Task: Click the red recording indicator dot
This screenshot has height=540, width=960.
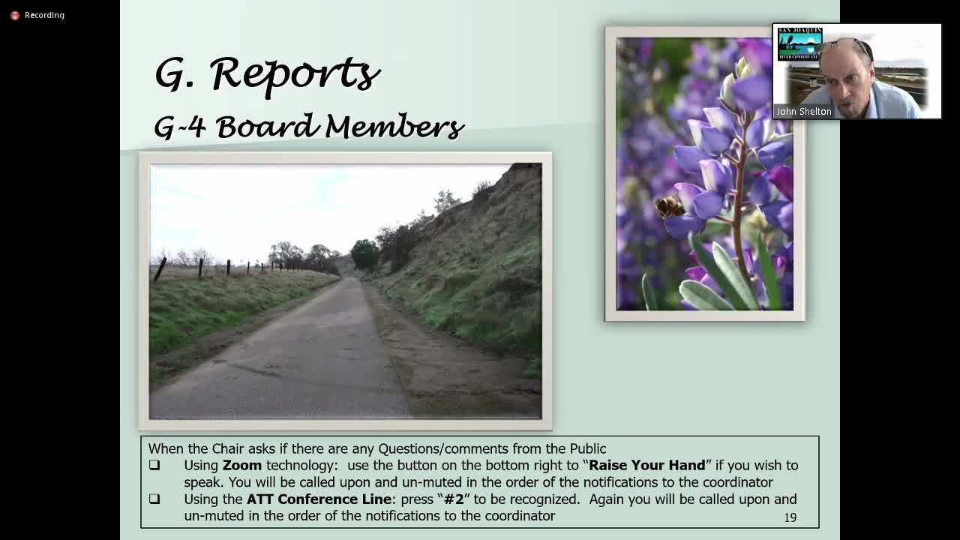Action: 15,16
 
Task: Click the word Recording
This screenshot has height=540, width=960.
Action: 44,15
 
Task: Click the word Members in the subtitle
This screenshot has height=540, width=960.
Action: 394,127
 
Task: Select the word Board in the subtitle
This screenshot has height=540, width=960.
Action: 268,127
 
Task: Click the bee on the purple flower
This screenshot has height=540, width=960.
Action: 670,208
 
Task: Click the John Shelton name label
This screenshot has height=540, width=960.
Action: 803,112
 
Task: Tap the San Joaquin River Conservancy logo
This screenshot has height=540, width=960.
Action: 799,43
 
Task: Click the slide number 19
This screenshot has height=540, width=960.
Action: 790,517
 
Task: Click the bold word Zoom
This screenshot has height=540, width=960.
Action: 242,466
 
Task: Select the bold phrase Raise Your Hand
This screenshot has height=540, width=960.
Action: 647,466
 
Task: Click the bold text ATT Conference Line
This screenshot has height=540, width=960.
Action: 319,499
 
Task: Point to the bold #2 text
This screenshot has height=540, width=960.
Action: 454,499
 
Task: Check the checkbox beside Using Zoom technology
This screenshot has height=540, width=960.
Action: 154,465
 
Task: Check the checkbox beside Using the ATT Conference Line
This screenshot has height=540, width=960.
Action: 154,499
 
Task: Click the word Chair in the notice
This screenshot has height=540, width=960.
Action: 229,448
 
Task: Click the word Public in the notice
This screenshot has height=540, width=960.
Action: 587,448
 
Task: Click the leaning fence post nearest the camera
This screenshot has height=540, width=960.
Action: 160,269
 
